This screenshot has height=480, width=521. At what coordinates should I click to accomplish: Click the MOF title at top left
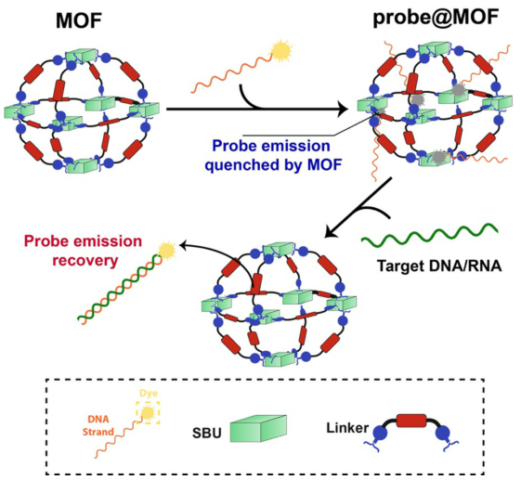pos(79,20)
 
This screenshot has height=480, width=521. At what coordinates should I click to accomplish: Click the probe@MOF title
pos(436,18)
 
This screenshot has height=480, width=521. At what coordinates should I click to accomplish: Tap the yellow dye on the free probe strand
pos(281,51)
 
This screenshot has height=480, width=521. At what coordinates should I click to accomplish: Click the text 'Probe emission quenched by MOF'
pos(271,155)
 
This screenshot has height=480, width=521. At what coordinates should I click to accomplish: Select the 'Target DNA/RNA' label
pos(439,266)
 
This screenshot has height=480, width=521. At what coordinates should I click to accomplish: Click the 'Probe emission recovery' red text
pos(83,251)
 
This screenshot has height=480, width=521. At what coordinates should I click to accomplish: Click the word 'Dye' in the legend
pos(149,394)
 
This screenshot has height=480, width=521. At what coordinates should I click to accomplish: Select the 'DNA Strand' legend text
pos(98,425)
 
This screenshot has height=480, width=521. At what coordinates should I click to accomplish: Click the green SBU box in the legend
pos(258,428)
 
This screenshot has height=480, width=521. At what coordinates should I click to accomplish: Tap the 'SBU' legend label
pos(207,434)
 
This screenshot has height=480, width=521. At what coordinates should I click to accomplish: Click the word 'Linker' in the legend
pos(347,428)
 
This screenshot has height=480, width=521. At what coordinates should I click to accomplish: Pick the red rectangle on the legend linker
pos(411,421)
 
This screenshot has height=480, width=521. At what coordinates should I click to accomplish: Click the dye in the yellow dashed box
pos(147,413)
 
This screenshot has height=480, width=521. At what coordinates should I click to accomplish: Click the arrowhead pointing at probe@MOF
pos(342,109)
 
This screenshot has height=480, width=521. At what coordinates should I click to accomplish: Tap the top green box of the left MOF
pos(80,56)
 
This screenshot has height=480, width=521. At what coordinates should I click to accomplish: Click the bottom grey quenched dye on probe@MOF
pos(438,157)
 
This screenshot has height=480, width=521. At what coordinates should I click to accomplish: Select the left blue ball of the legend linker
pos(381,434)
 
